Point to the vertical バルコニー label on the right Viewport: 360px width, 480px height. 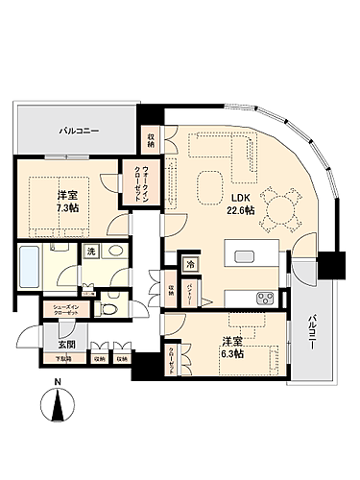[x=313, y=335]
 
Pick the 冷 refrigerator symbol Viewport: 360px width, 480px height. [x=191, y=263]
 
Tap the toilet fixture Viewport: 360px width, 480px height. [x=111, y=310]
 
